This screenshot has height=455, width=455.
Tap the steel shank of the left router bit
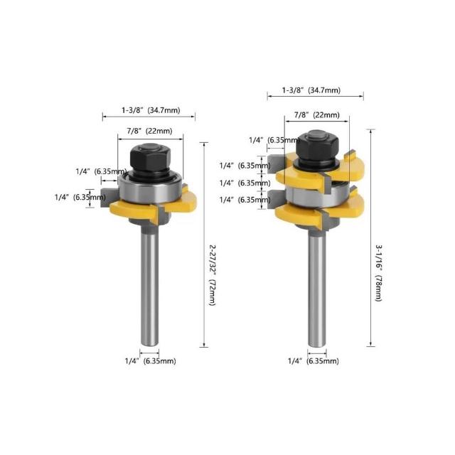(x=150, y=286)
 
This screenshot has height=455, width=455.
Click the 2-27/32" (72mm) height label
(x=213, y=275)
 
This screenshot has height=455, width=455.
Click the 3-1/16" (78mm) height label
(x=379, y=273)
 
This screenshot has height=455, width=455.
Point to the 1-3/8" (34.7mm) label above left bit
(x=151, y=110)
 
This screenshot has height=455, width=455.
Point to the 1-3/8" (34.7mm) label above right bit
(x=311, y=90)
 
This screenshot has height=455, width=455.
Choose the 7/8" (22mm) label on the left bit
(x=149, y=131)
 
